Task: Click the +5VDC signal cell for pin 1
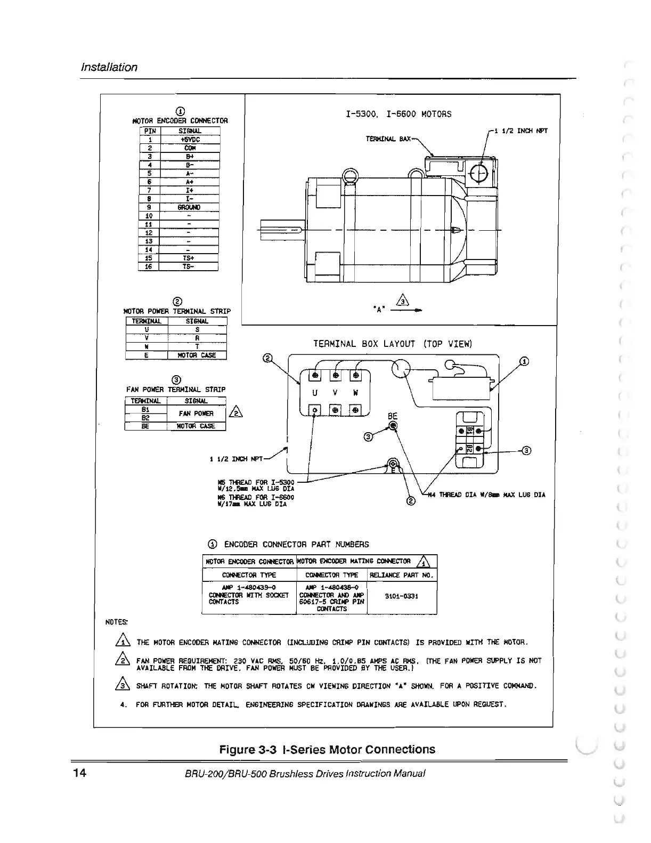pyautogui.click(x=190, y=140)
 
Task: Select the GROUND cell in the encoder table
pyautogui.click(x=190, y=207)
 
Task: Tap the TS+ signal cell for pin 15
pyautogui.click(x=189, y=258)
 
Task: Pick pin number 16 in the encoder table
pyautogui.click(x=149, y=266)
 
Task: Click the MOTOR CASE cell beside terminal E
pyautogui.click(x=197, y=355)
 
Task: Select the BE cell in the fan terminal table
pyautogui.click(x=145, y=426)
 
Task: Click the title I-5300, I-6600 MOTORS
pyautogui.click(x=398, y=114)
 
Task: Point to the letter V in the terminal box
pyautogui.click(x=335, y=393)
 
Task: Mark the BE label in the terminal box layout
pyautogui.click(x=393, y=416)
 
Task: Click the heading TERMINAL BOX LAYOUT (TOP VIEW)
pyautogui.click(x=393, y=344)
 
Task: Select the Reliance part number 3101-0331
pyautogui.click(x=402, y=596)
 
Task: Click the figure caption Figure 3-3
pyautogui.click(x=328, y=750)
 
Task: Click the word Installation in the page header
pyautogui.click(x=109, y=67)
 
